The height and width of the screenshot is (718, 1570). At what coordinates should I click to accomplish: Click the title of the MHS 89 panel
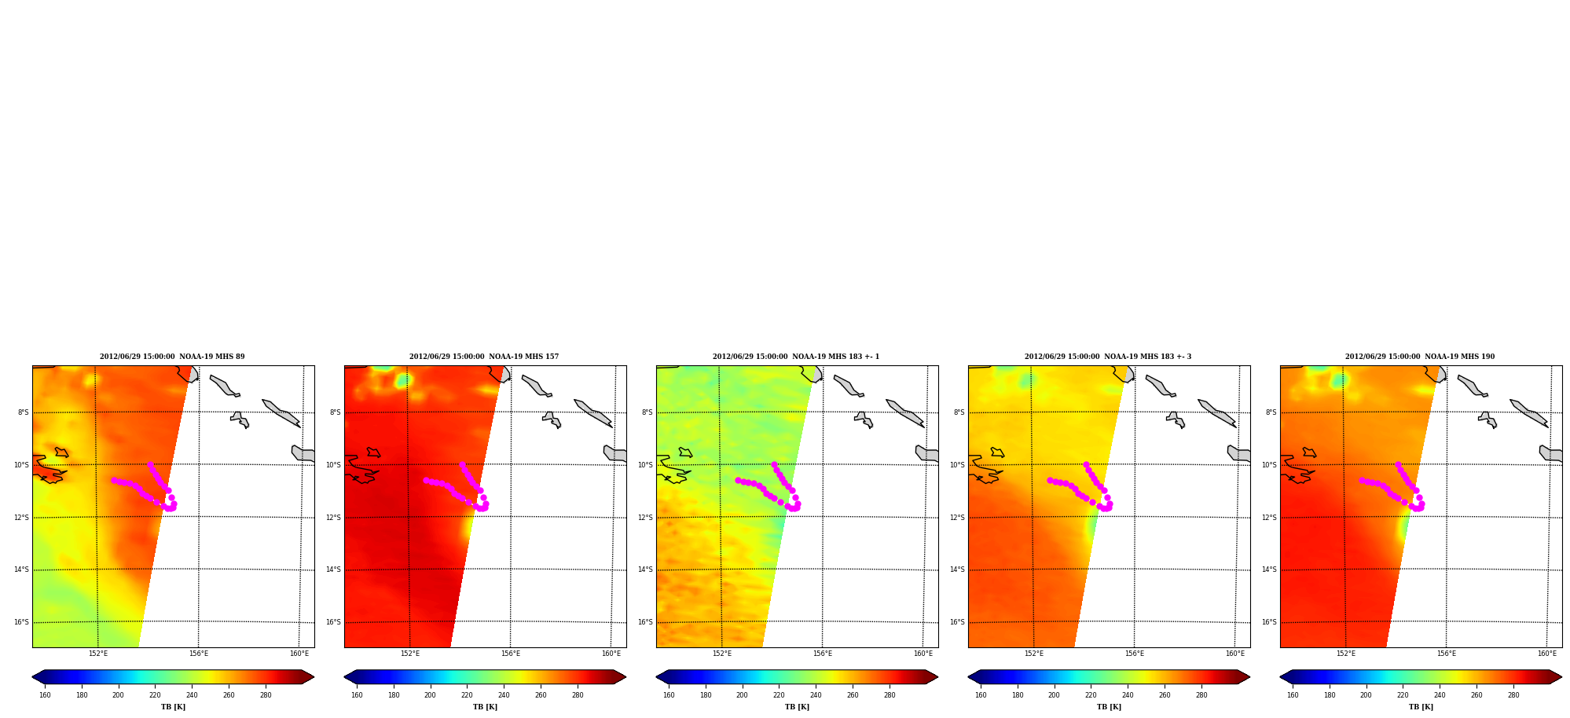pyautogui.click(x=172, y=357)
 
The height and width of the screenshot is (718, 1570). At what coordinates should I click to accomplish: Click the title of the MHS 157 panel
pyautogui.click(x=484, y=357)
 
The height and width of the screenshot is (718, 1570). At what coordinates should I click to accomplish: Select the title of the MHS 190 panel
pyautogui.click(x=1420, y=357)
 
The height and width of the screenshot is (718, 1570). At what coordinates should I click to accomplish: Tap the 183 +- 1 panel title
pyautogui.click(x=796, y=357)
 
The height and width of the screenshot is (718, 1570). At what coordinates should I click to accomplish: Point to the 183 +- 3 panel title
pyautogui.click(x=1108, y=357)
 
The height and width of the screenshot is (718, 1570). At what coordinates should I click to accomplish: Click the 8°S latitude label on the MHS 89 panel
pyautogui.click(x=24, y=412)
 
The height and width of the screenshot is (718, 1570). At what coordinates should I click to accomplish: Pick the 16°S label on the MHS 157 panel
pyautogui.click(x=334, y=622)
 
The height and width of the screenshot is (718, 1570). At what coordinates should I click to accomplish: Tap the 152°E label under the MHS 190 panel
pyautogui.click(x=1346, y=654)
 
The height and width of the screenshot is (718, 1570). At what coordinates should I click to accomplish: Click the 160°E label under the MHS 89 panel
pyautogui.click(x=299, y=654)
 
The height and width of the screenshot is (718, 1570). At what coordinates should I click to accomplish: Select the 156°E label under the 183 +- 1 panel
pyautogui.click(x=823, y=654)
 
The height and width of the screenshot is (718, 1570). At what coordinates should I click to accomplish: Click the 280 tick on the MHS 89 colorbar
pyautogui.click(x=266, y=695)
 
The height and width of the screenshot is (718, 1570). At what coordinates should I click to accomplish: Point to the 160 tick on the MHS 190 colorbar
pyautogui.click(x=1293, y=695)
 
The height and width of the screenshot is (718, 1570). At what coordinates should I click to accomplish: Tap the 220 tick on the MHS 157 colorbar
pyautogui.click(x=467, y=695)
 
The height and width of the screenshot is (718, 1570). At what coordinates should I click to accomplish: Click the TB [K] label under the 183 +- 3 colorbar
pyautogui.click(x=1110, y=707)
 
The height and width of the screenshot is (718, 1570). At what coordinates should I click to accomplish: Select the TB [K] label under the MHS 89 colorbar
pyautogui.click(x=174, y=707)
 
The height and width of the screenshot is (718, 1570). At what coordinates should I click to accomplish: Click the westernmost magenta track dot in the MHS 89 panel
pyautogui.click(x=114, y=480)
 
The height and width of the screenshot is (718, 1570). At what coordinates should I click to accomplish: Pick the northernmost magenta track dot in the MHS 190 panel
pyautogui.click(x=1398, y=464)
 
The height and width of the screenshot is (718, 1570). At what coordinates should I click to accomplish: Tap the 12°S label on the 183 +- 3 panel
pyautogui.click(x=958, y=518)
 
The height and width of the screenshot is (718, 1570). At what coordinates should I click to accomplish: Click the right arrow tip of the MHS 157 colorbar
pyautogui.click(x=625, y=677)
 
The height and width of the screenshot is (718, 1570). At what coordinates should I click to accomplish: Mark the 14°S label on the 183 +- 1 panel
pyautogui.click(x=646, y=570)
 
